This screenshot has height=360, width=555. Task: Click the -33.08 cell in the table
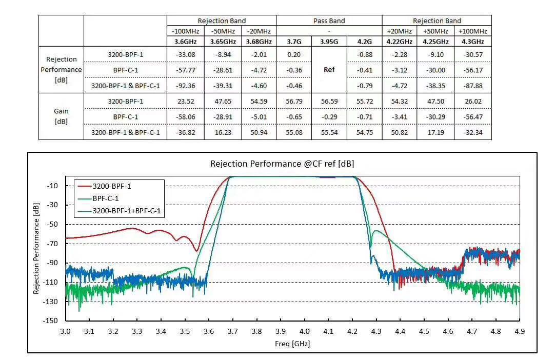[185, 54]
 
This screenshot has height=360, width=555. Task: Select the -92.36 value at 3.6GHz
[185, 86]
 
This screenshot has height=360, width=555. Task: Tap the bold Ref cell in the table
[329, 70]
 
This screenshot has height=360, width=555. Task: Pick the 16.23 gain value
[223, 132]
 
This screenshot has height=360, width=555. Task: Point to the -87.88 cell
[472, 86]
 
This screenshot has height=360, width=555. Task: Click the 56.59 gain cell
[329, 101]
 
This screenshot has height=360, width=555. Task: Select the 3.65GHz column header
[223, 42]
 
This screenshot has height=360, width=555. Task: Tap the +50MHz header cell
[436, 31]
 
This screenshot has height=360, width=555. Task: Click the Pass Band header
[329, 21]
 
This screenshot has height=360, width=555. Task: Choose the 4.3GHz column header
[472, 42]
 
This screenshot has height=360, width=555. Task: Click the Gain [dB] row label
[61, 116]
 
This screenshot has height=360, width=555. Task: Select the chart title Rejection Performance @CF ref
[282, 164]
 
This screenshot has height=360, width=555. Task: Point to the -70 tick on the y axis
[52, 244]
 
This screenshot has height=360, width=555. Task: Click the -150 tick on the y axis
[51, 321]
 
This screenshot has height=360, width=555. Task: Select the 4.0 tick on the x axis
[305, 332]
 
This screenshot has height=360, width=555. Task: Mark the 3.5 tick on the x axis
[185, 332]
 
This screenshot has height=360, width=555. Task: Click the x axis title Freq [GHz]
[292, 343]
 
